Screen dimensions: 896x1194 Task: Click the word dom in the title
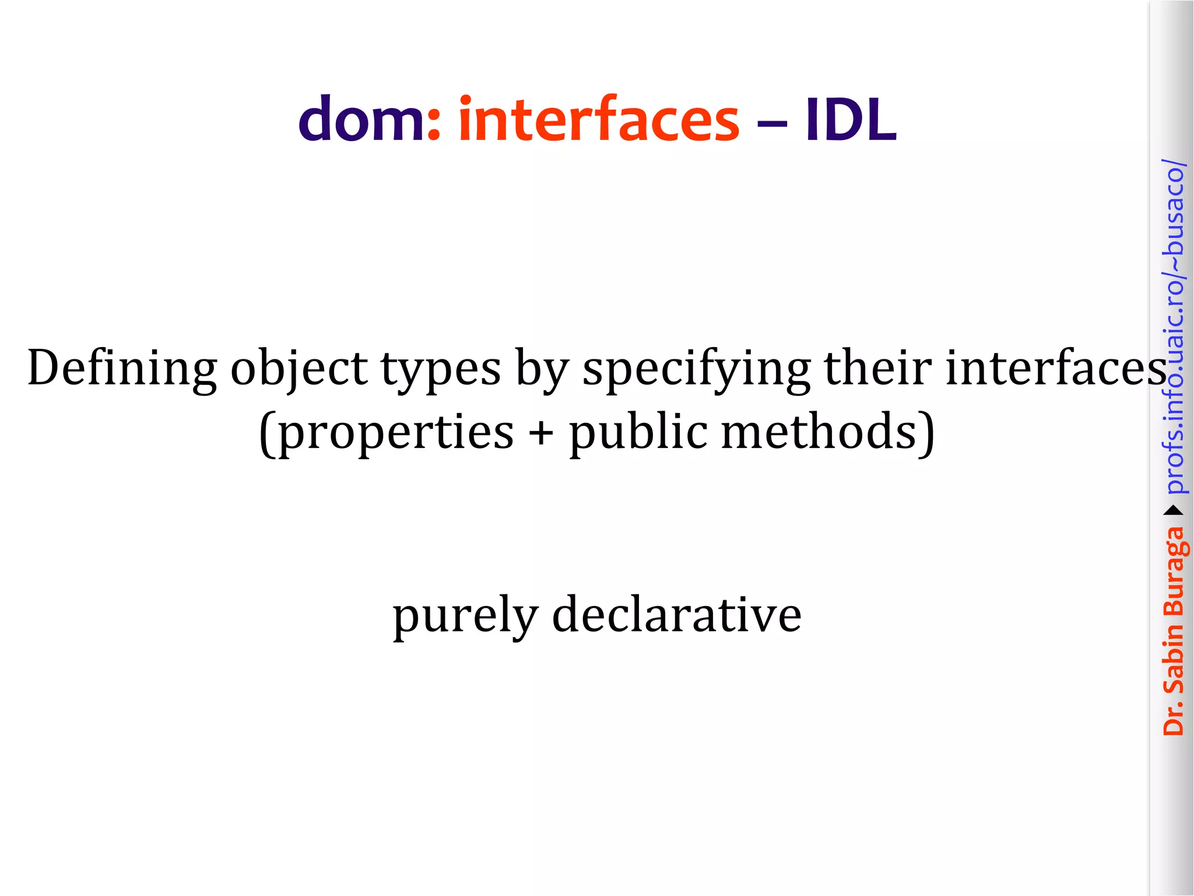tap(361, 120)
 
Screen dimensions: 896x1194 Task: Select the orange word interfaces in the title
tap(599, 120)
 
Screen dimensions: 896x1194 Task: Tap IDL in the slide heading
tap(851, 120)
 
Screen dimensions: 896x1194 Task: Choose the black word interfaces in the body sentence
tap(1055, 367)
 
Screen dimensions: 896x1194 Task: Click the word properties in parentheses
tap(396, 433)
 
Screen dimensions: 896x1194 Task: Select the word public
tap(638, 433)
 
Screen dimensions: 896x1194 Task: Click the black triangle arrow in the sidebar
tap(1174, 511)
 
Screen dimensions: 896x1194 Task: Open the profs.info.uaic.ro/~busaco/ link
tap(1174, 327)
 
